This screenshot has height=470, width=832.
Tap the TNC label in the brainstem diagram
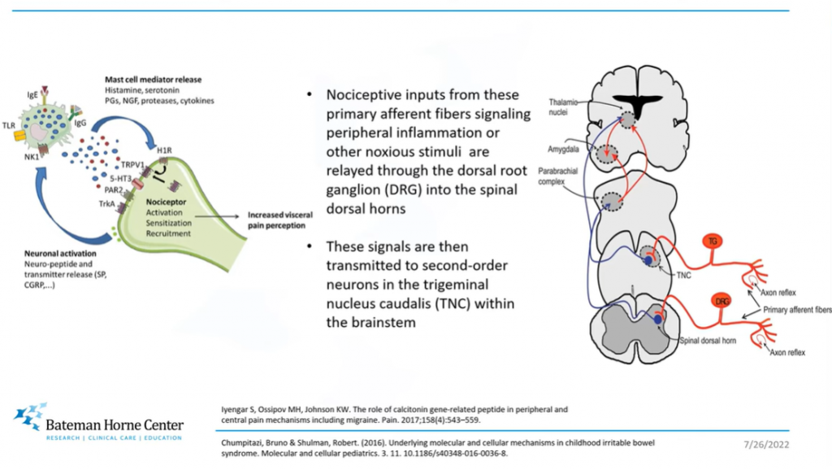[684, 275]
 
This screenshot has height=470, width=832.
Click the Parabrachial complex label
[557, 176]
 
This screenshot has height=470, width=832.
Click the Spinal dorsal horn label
[708, 340]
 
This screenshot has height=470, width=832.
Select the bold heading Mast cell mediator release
[153, 79]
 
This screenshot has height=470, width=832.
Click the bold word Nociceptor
[164, 199]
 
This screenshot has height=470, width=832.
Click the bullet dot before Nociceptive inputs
[310, 94]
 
